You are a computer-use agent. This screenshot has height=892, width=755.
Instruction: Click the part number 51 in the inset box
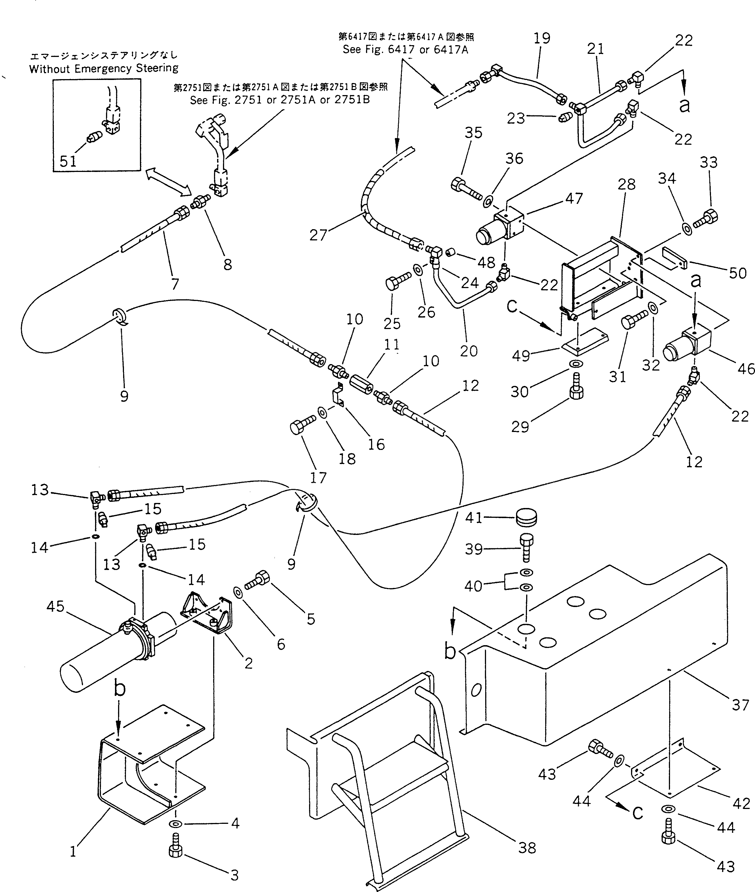click(68, 161)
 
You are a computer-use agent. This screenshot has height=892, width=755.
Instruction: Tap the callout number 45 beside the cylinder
click(55, 606)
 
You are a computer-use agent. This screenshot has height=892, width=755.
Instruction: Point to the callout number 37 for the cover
click(740, 705)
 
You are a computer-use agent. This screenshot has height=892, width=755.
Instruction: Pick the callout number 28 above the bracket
click(627, 185)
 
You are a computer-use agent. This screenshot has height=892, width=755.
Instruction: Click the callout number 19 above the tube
click(542, 38)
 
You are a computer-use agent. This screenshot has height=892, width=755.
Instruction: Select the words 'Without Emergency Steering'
click(103, 68)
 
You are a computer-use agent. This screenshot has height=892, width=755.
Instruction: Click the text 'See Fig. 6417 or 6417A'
click(405, 50)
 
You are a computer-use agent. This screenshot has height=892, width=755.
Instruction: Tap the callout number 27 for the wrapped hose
click(318, 235)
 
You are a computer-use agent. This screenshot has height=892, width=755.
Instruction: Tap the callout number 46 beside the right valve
click(745, 369)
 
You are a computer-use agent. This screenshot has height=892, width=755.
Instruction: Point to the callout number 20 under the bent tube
click(469, 351)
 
